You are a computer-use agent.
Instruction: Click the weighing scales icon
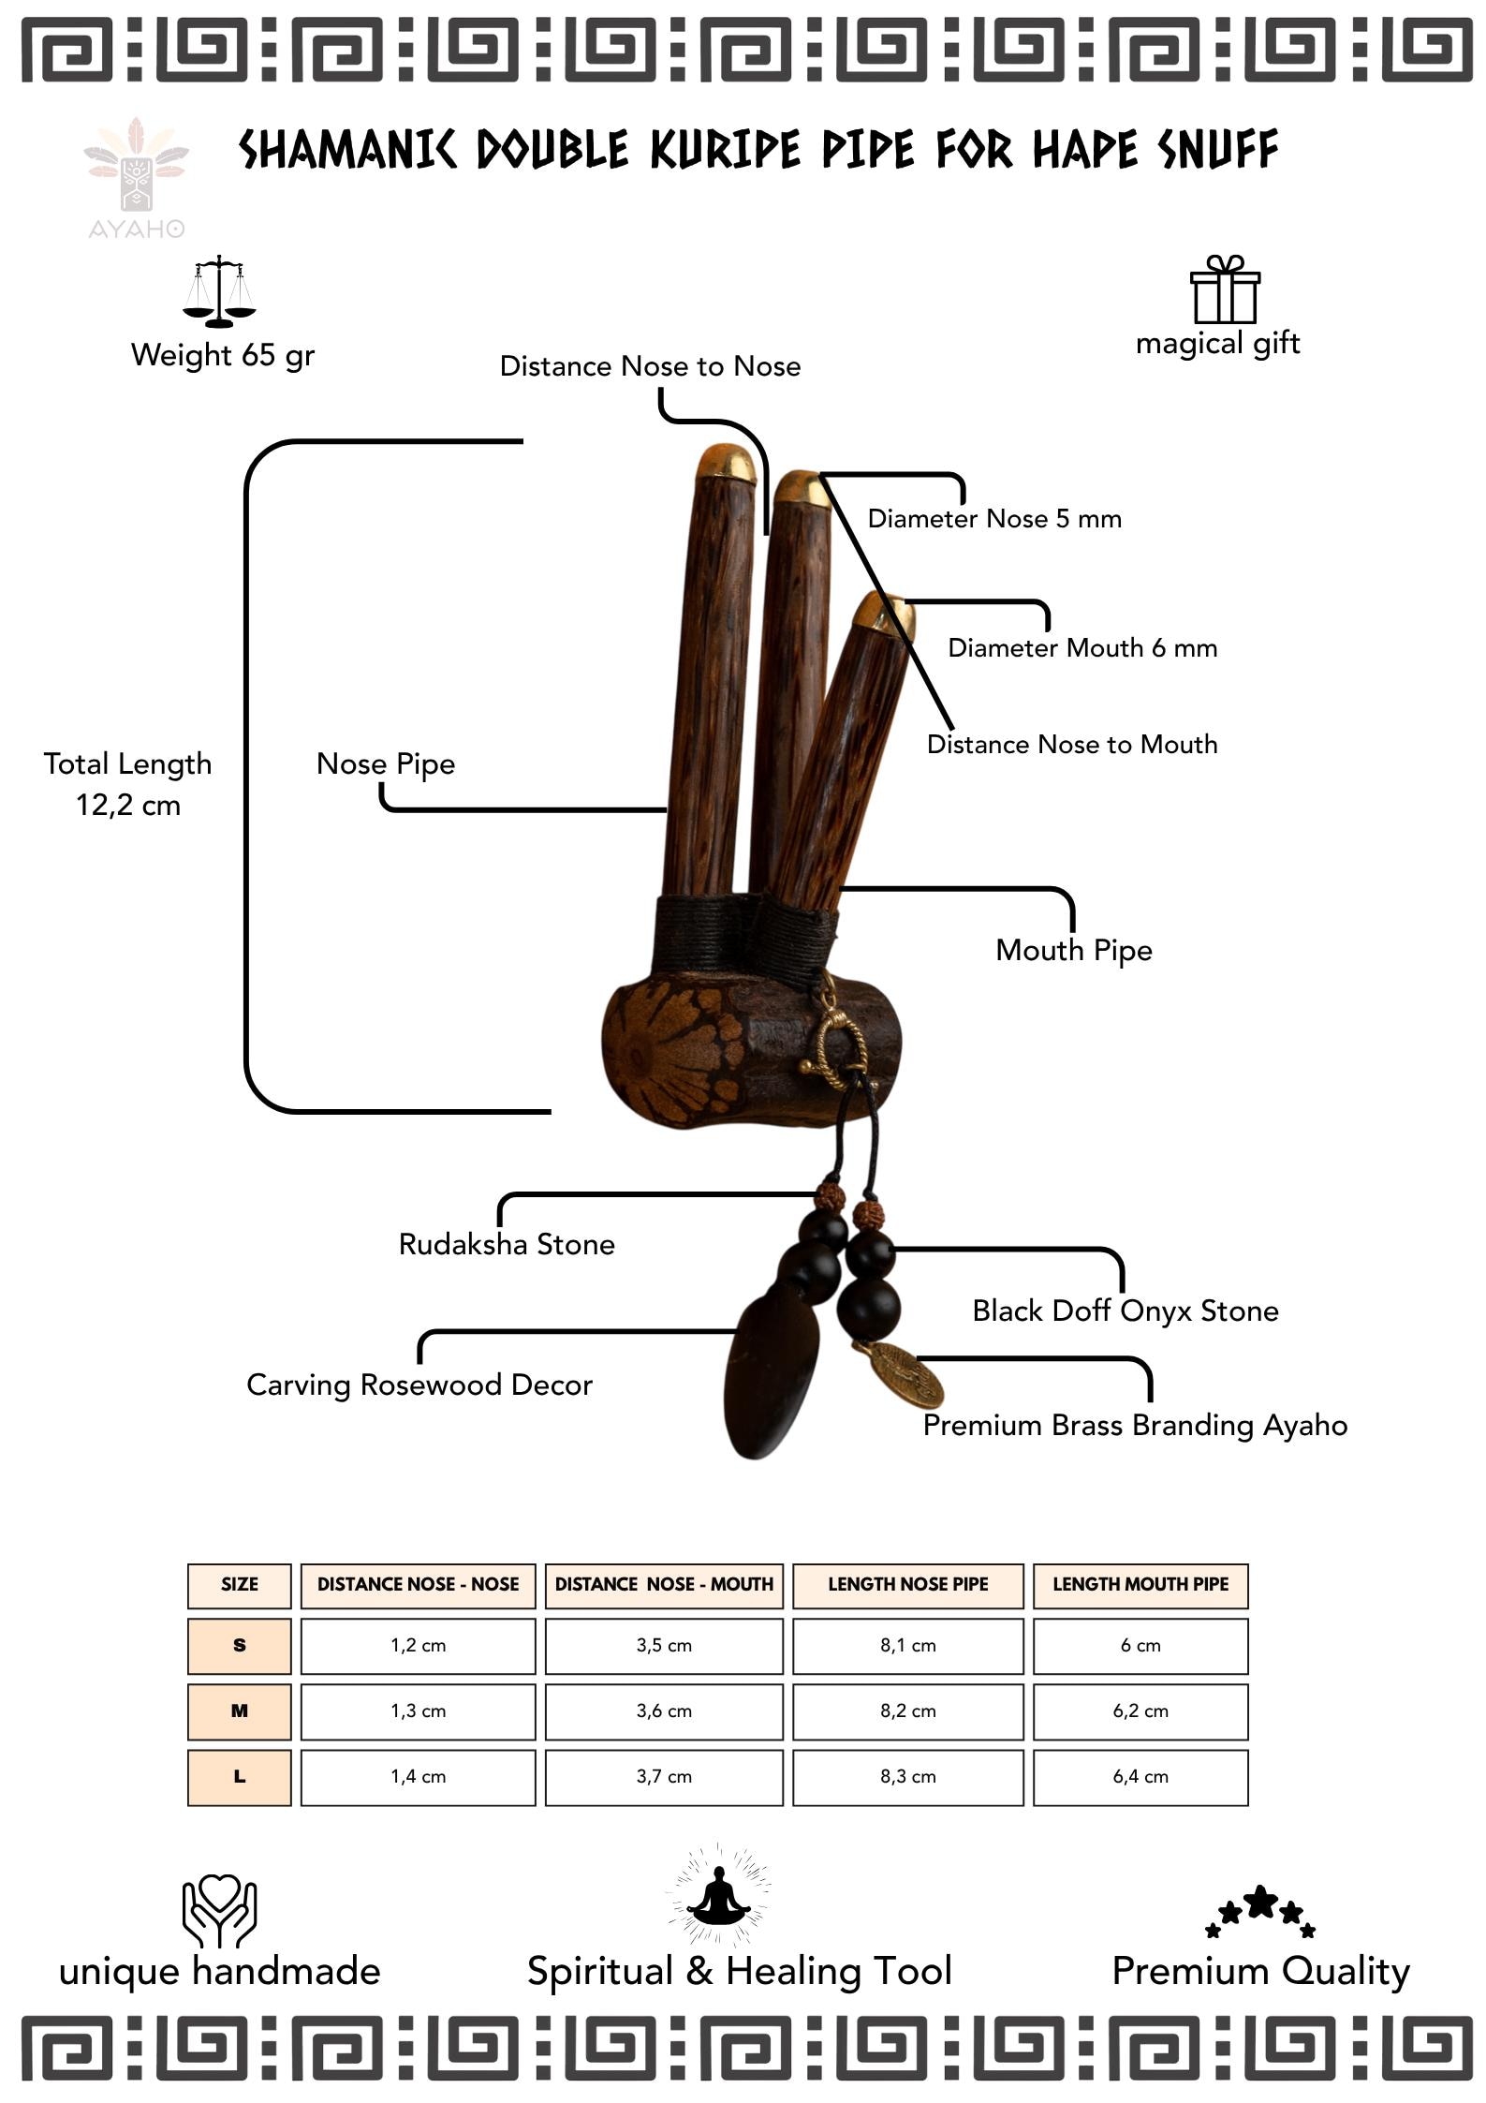click(219, 291)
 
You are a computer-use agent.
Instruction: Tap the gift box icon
click(1225, 289)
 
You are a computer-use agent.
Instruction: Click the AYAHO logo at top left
click(137, 179)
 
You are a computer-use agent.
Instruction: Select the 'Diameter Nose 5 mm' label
click(994, 519)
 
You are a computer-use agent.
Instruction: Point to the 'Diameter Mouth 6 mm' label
click(1082, 648)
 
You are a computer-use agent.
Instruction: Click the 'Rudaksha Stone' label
click(507, 1244)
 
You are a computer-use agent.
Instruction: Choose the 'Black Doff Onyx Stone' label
click(1126, 1311)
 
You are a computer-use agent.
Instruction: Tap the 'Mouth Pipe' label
click(1074, 951)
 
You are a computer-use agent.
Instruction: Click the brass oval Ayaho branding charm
click(905, 1375)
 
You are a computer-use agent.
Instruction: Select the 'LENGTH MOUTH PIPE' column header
click(1140, 1584)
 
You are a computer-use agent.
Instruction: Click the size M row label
click(240, 1711)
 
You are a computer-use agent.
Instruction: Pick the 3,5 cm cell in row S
click(664, 1645)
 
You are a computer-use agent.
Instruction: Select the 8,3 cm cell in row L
click(907, 1776)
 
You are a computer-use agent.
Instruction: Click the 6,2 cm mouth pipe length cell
click(1140, 1711)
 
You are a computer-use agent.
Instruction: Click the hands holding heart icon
click(219, 1911)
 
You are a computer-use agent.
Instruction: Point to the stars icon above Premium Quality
click(1260, 1911)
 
